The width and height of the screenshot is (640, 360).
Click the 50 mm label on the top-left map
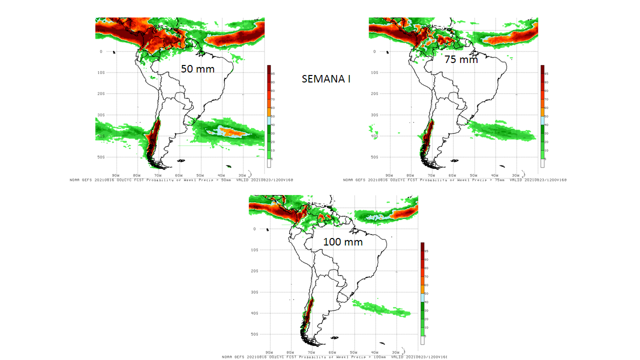[x=197, y=69]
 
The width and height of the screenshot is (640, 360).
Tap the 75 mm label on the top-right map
[x=461, y=59]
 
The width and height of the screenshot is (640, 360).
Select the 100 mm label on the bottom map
[x=342, y=242]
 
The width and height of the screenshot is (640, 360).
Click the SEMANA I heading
[x=326, y=79]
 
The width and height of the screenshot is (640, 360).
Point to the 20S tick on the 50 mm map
[x=100, y=93]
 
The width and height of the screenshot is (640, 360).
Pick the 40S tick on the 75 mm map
[x=374, y=136]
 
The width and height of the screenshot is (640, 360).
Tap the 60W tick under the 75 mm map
[x=452, y=175]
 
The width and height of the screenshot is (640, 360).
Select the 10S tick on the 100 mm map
[x=254, y=250]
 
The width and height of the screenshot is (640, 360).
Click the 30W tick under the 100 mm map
[x=395, y=353]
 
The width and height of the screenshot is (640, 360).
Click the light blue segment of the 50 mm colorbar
[x=269, y=120]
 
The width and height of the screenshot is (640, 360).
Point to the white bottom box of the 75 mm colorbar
[x=542, y=163]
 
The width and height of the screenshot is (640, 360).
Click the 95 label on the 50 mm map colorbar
[x=273, y=73]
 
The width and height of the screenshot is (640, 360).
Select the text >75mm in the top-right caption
[x=495, y=180]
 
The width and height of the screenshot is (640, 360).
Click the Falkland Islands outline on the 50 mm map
[x=181, y=160]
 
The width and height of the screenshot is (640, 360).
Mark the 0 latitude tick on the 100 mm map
[x=254, y=229]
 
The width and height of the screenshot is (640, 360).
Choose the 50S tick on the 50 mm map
[x=100, y=157]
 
